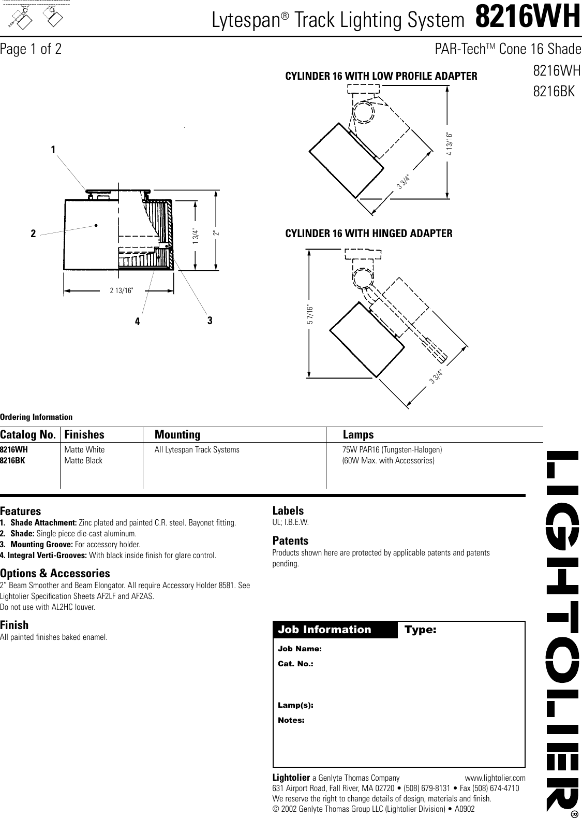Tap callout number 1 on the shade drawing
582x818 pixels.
tap(53, 150)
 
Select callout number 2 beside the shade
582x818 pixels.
tap(33, 233)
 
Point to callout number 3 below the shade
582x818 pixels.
tap(210, 320)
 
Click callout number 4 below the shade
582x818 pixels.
tap(137, 322)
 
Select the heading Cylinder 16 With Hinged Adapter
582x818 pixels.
tap(369, 233)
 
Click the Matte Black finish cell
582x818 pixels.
tap(83, 460)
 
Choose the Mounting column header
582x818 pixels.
tap(177, 434)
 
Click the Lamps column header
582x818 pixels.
tap(358, 434)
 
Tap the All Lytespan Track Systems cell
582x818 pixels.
tap(197, 449)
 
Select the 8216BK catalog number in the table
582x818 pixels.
tap(12, 460)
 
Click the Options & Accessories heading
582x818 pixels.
tap(55, 573)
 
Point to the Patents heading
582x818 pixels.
tap(290, 541)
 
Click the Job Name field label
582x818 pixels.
tap(300, 649)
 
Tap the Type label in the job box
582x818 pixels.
tap(420, 630)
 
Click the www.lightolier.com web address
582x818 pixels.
tap(495, 778)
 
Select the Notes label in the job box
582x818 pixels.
tap(291, 720)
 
